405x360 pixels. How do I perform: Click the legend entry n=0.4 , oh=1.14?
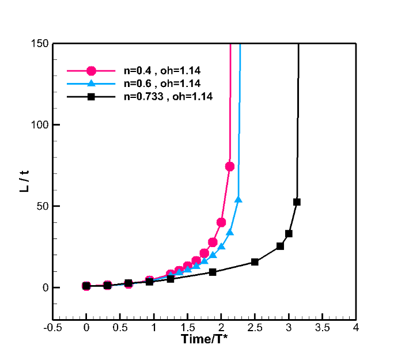click(x=162, y=71)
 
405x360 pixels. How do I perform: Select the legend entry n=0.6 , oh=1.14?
click(x=162, y=84)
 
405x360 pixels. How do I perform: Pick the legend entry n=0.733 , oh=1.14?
click(x=168, y=97)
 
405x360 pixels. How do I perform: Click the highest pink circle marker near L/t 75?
click(x=230, y=166)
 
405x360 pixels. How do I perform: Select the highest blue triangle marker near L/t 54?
click(x=239, y=199)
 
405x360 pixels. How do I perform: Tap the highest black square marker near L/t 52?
click(x=297, y=202)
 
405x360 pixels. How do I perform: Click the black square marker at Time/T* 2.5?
click(x=255, y=262)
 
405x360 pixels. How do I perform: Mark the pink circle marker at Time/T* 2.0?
click(x=221, y=222)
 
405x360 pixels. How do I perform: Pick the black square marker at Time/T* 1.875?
click(x=213, y=272)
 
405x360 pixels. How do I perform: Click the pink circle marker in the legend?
click(x=91, y=71)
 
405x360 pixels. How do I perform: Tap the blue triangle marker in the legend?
click(x=91, y=84)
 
